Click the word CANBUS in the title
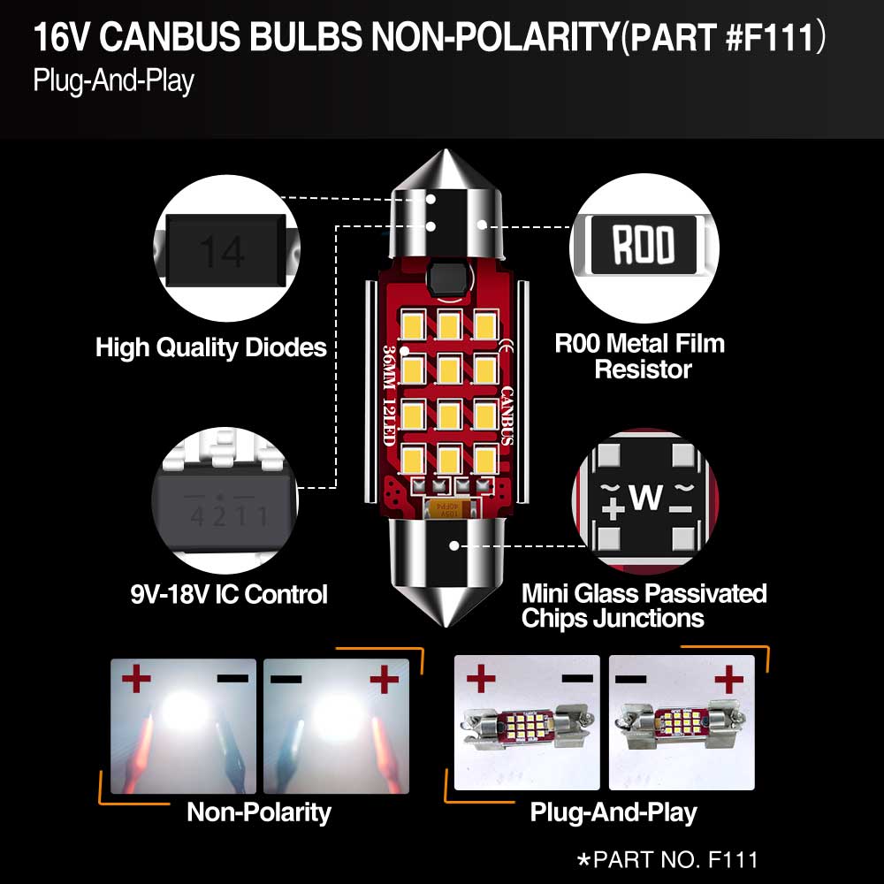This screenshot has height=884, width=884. pyautogui.click(x=171, y=37)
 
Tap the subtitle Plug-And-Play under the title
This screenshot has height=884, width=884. pyautogui.click(x=113, y=81)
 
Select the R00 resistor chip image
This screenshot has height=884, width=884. pyautogui.click(x=644, y=245)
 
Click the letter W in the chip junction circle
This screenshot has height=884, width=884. pyautogui.click(x=646, y=497)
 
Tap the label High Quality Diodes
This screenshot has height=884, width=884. pyautogui.click(x=211, y=347)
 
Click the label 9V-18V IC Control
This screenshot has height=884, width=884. pyautogui.click(x=229, y=594)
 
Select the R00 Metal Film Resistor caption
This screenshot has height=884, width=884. pyautogui.click(x=640, y=356)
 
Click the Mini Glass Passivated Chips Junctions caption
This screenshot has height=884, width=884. pyautogui.click(x=644, y=606)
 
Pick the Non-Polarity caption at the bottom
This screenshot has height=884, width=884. pyautogui.click(x=259, y=812)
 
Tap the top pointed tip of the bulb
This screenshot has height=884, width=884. pyautogui.click(x=446, y=150)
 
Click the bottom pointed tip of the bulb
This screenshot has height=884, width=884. pyautogui.click(x=446, y=626)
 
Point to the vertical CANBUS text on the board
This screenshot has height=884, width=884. pyautogui.click(x=507, y=416)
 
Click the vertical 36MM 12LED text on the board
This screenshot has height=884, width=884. pyautogui.click(x=389, y=395)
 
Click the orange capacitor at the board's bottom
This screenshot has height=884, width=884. pyautogui.click(x=449, y=510)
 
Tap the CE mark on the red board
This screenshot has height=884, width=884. pyautogui.click(x=506, y=345)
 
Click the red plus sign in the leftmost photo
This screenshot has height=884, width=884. pyautogui.click(x=136, y=678)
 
